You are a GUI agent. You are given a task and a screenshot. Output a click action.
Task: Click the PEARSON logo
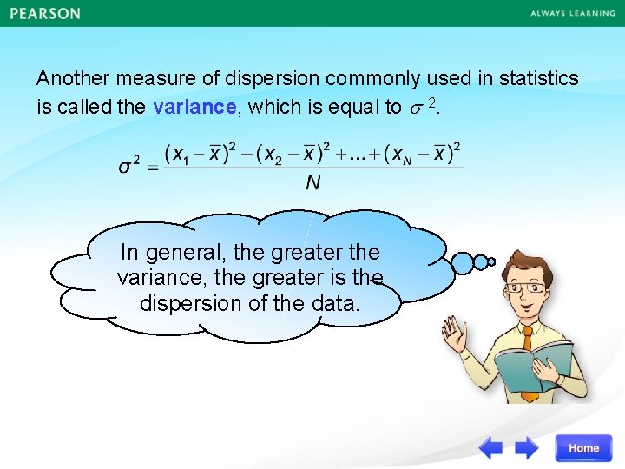(45, 14)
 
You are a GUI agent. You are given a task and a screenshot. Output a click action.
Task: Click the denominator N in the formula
(312, 182)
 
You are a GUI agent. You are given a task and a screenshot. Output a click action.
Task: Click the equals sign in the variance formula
(152, 167)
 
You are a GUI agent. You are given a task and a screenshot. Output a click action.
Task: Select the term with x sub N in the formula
(425, 154)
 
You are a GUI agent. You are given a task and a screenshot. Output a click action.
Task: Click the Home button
(583, 448)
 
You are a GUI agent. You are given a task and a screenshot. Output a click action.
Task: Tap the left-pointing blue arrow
(491, 448)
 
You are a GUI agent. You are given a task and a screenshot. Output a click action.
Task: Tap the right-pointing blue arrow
(527, 448)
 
